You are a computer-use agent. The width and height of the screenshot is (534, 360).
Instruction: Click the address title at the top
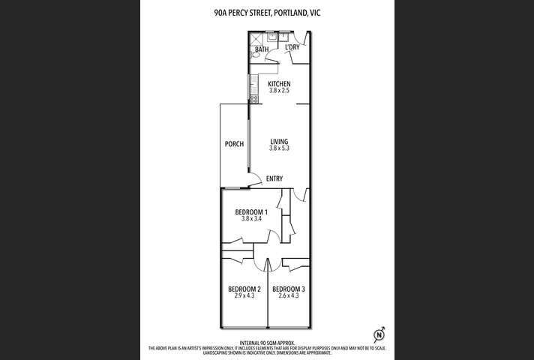266,13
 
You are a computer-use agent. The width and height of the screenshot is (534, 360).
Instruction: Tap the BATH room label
261,49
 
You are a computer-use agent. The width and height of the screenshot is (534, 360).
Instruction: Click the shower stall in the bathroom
256,37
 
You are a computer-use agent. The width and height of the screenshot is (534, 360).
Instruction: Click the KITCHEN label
279,84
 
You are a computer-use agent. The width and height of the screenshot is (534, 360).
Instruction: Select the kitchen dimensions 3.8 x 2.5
279,91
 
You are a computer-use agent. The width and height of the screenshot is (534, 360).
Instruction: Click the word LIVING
279,142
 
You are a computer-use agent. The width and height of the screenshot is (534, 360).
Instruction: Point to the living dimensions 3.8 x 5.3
279,148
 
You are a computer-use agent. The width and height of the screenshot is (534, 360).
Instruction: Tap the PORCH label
234,144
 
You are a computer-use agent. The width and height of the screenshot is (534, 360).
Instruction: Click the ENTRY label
274,178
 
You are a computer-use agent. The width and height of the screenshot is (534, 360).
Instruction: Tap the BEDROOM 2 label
244,289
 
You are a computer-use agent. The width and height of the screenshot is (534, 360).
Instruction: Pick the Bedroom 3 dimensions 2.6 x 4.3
288,296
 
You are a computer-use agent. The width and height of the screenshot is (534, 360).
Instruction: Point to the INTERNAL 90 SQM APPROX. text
266,342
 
